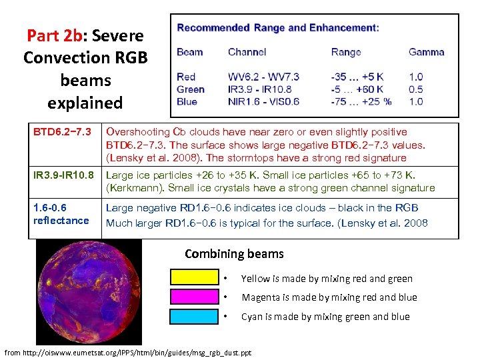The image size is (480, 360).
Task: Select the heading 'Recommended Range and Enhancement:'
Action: click(x=278, y=28)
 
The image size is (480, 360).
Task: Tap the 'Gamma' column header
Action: click(x=426, y=52)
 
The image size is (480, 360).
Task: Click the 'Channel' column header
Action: click(x=247, y=52)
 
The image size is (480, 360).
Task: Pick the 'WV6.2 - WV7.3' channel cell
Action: click(x=263, y=77)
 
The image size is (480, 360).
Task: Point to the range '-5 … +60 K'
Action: click(x=357, y=89)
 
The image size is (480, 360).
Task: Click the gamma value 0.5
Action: click(x=415, y=89)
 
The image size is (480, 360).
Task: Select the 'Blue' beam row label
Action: click(x=187, y=101)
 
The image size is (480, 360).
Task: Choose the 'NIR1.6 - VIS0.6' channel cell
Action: click(x=263, y=101)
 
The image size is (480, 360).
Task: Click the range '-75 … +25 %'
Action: click(x=361, y=101)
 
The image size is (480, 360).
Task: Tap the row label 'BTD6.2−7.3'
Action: click(x=61, y=132)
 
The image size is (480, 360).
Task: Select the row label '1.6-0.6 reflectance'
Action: click(x=61, y=214)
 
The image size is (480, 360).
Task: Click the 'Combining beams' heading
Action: click(x=233, y=254)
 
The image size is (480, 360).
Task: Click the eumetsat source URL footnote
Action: click(x=128, y=352)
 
